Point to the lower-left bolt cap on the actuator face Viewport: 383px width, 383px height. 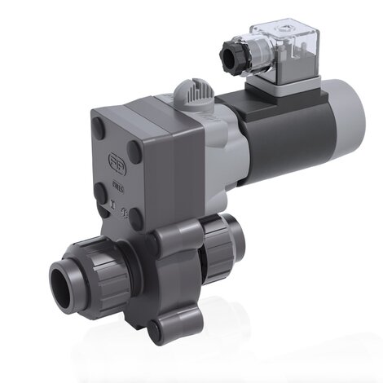(x=99, y=193)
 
